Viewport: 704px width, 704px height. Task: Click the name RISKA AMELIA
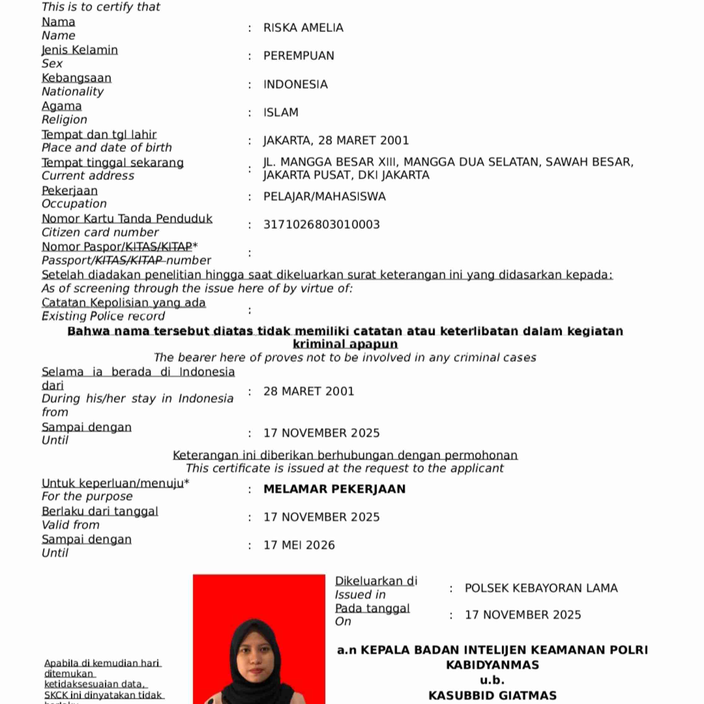[x=303, y=28]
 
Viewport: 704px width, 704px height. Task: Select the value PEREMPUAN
[x=299, y=56]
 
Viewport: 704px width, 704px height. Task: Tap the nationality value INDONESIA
[x=295, y=85]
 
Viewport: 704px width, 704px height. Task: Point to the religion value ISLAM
[x=281, y=112]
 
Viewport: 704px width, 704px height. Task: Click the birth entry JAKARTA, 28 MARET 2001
[x=336, y=141]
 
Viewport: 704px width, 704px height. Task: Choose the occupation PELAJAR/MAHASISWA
[x=324, y=197]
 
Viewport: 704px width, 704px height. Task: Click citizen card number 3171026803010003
[x=321, y=225]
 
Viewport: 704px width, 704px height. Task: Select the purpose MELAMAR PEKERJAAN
[x=335, y=489]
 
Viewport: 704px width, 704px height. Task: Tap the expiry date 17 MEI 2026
[x=299, y=545]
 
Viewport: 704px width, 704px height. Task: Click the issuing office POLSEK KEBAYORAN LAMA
[x=541, y=588]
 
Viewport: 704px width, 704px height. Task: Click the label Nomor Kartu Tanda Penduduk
[x=127, y=219]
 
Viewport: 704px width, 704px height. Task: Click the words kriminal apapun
[x=345, y=344]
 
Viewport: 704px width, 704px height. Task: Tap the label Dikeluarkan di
[x=376, y=581]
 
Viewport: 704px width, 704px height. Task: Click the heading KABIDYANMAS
[x=492, y=665]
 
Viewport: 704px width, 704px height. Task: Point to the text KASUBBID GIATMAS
[x=492, y=696]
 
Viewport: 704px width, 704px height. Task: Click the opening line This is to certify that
[x=101, y=7]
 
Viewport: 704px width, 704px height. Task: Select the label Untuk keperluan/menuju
[x=113, y=483]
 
